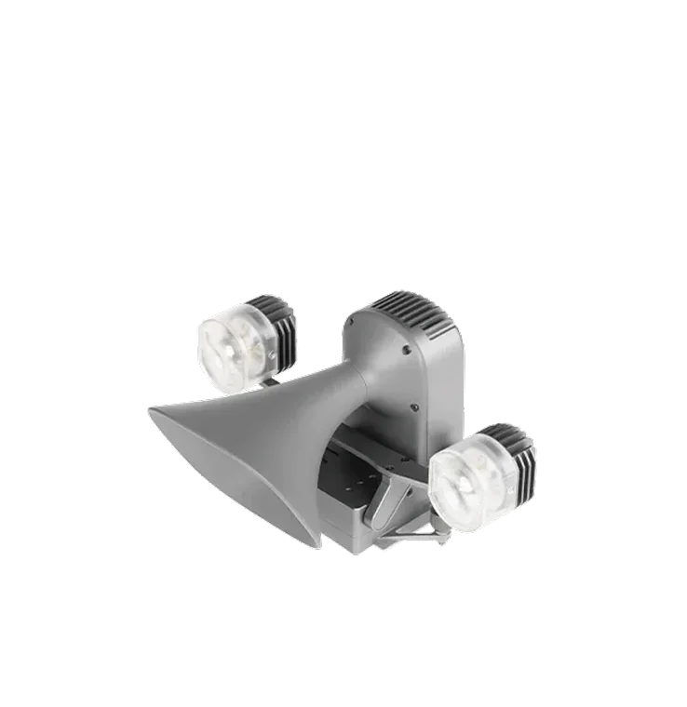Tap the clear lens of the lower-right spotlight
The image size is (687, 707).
pos(466,479)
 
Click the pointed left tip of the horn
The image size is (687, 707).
pos(148,407)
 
